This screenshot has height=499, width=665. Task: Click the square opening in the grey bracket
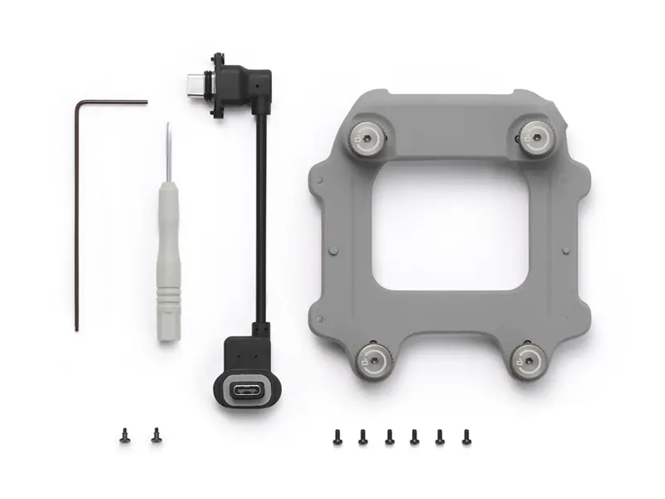tap(450, 236)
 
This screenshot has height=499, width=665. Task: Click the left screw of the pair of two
tap(125, 434)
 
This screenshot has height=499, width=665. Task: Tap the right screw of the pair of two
tap(155, 434)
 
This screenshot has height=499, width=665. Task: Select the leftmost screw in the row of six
tap(337, 436)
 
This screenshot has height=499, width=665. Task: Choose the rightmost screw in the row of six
tap(466, 436)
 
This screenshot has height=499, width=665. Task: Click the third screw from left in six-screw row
tap(389, 436)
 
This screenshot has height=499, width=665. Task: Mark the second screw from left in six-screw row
tap(363, 436)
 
